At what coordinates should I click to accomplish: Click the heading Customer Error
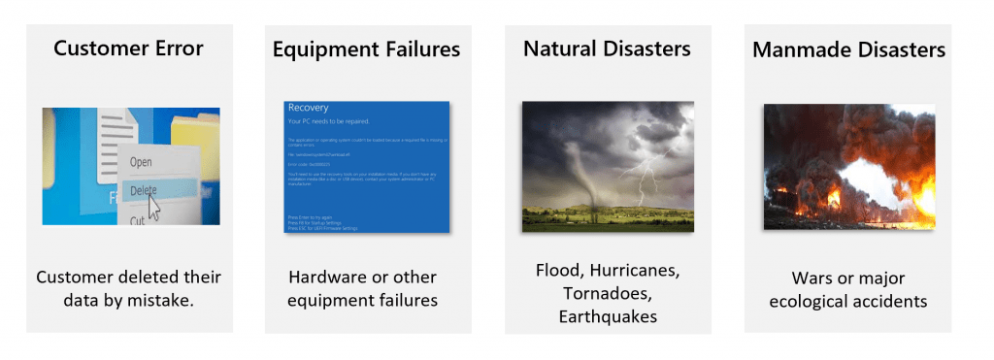click(129, 48)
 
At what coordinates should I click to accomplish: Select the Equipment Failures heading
click(366, 48)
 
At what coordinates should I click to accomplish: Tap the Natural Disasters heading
click(607, 48)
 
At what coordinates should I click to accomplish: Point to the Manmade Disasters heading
click(848, 49)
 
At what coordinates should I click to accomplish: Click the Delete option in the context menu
click(143, 190)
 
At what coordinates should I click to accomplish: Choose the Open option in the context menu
click(141, 162)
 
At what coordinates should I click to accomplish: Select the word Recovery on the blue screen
click(309, 108)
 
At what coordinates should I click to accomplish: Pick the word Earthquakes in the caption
click(607, 316)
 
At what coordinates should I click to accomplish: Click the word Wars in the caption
click(801, 278)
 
